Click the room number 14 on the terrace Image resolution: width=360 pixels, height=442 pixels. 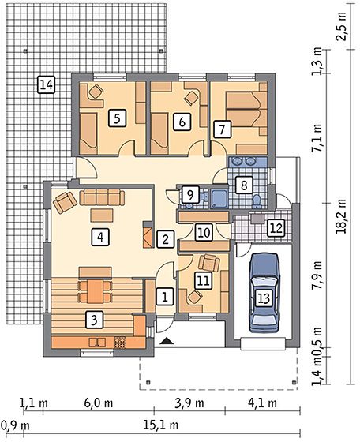[x=47, y=84]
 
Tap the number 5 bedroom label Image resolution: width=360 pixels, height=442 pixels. [x=117, y=118]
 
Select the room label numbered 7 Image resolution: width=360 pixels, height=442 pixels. [x=223, y=129]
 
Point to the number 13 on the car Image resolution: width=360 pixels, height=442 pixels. [x=264, y=298]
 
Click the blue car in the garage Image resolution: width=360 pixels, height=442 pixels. [x=264, y=292]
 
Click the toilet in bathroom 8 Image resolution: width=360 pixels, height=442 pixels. [x=257, y=201]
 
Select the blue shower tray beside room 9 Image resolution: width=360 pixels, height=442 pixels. [x=219, y=198]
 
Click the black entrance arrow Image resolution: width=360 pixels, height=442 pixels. [x=167, y=341]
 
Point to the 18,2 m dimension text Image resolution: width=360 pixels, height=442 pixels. [x=342, y=216]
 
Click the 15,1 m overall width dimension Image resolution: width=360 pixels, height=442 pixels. [x=161, y=425]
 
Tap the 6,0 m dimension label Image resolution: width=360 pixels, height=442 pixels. [x=99, y=403]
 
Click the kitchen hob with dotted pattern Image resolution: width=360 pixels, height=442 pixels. [x=120, y=342]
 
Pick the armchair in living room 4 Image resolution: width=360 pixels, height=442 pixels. [x=65, y=202]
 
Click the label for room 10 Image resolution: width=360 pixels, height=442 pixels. [x=204, y=233]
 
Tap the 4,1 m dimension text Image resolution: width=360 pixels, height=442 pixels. [x=262, y=403]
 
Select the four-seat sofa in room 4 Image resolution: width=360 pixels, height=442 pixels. [x=102, y=197]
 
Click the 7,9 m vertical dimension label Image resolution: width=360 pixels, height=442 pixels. [x=317, y=275]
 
